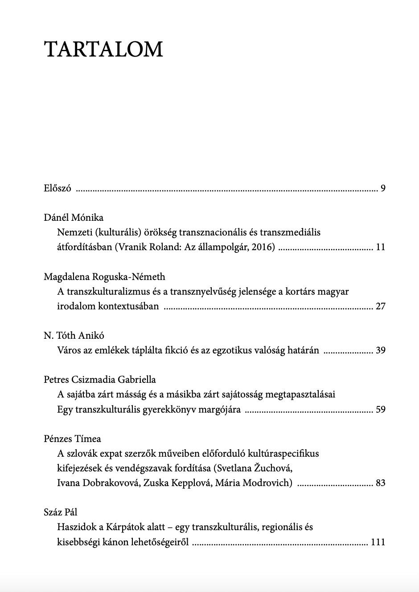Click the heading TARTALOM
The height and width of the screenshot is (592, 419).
104,49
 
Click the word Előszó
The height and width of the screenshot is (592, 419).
58,188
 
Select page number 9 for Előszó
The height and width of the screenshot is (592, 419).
383,188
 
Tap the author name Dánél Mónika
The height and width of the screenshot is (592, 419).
74,217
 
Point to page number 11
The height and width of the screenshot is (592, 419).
380,247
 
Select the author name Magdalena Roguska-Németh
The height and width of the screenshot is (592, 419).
104,276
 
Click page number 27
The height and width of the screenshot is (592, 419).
380,306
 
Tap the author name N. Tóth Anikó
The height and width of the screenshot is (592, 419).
74,336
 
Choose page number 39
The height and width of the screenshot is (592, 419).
380,350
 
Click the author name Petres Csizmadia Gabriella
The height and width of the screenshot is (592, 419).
100,380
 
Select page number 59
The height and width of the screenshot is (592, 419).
380,410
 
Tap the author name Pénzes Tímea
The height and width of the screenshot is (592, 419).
72,439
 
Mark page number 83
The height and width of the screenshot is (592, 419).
380,483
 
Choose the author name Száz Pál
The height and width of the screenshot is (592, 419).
61,512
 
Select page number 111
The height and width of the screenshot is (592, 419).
378,542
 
